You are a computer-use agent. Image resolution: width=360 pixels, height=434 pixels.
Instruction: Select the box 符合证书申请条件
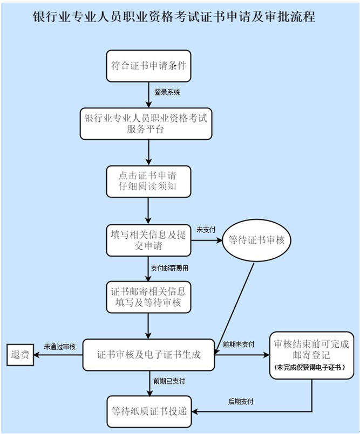[148, 66]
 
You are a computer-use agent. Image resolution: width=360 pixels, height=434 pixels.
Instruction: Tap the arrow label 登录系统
[167, 92]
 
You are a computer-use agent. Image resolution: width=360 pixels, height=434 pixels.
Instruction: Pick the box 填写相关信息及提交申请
[148, 240]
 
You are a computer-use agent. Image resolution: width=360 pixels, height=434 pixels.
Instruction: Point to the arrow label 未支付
[206, 230]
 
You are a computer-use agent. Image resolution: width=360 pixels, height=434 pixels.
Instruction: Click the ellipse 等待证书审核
[256, 240]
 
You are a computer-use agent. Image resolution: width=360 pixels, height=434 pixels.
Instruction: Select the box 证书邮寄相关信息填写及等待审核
[148, 298]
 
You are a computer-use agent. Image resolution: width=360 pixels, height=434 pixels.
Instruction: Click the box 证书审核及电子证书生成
[148, 355]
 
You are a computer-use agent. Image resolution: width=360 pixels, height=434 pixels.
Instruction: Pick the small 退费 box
[20, 355]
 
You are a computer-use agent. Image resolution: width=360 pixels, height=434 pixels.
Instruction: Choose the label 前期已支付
[169, 381]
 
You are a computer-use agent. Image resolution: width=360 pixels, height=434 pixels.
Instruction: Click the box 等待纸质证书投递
[148, 411]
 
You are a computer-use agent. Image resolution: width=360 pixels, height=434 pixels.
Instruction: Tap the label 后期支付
[241, 402]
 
